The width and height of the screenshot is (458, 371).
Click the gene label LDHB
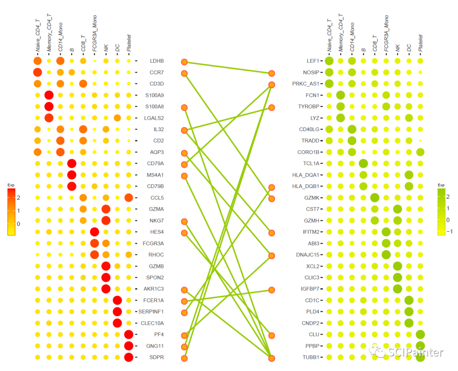156,61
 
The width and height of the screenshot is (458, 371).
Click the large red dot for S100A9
49,95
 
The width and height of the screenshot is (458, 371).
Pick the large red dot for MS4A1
72,175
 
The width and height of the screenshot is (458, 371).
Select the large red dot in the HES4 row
95,232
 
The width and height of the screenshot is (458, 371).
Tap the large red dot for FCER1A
117,300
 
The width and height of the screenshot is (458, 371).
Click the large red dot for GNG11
129,346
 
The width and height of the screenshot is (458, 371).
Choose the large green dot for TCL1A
363,163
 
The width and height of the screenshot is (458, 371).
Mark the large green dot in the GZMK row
374,197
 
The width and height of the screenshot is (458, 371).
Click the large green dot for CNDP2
409,323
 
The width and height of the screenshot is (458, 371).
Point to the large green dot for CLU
420,334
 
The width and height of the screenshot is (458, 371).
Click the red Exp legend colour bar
11,211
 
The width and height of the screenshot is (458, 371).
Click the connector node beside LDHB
184,62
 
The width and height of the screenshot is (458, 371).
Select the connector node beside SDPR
184,358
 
